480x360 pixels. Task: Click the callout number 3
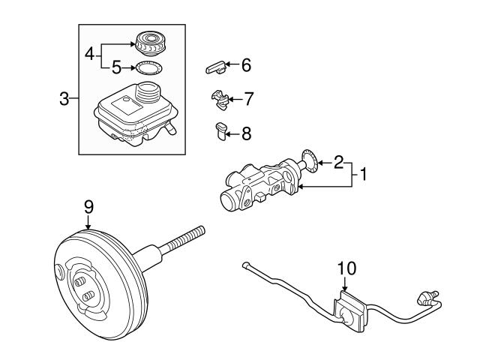64,99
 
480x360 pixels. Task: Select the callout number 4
90,54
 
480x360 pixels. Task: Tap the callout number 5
117,67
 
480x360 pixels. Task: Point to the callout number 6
247,65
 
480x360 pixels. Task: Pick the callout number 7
248,99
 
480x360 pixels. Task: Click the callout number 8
247,133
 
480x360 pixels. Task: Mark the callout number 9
88,207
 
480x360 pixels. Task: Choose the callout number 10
346,268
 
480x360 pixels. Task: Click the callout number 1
363,174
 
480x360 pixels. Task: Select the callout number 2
338,162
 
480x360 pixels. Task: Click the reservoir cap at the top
150,43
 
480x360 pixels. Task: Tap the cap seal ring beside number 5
149,68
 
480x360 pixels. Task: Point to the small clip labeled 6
216,67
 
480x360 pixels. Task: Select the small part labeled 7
220,100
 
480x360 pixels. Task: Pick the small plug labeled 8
221,131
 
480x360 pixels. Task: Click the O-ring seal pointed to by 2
310,161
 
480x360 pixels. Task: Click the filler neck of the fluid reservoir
148,91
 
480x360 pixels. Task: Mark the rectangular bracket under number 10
349,312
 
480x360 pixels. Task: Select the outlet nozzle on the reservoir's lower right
170,128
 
